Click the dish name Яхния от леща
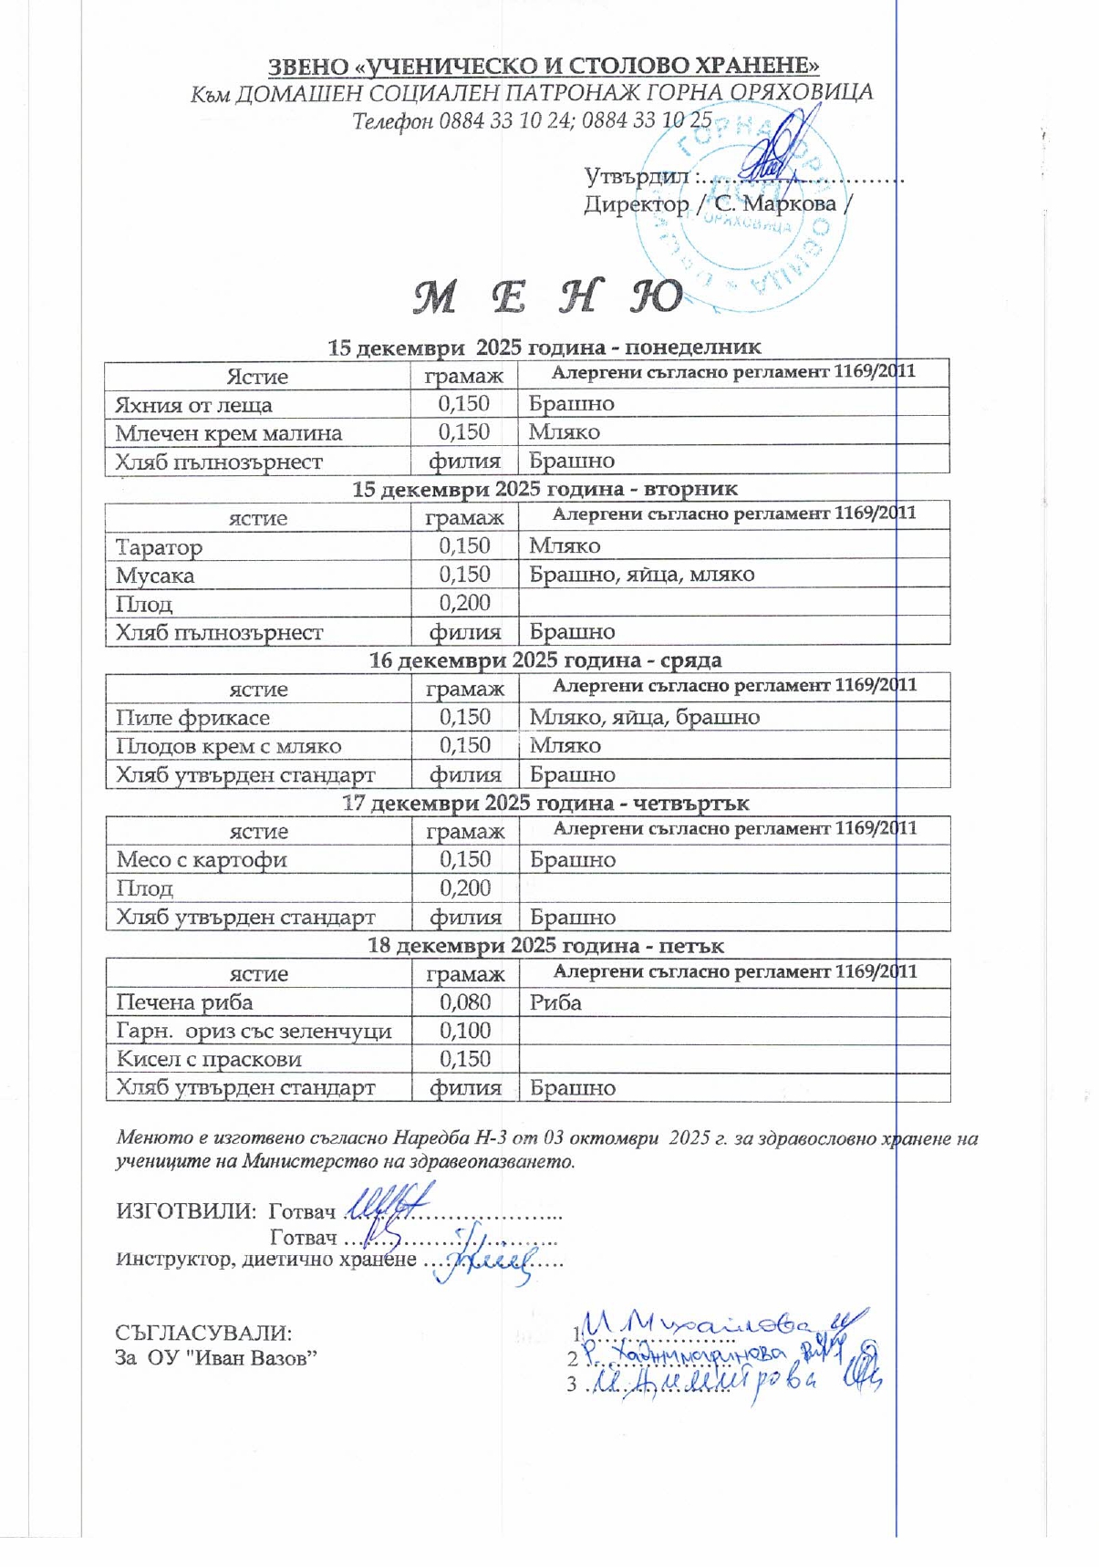pos(193,405)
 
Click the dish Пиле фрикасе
pos(192,718)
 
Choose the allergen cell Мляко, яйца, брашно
pos(644,718)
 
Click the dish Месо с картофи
pos(202,860)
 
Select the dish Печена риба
pos(184,1002)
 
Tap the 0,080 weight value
pos(465,1002)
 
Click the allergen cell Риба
pos(555,1002)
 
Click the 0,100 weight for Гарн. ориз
pos(465,1031)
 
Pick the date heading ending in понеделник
pos(544,348)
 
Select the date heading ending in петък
pos(545,946)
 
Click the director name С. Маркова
pos(775,203)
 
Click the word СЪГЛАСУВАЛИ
pos(203,1333)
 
